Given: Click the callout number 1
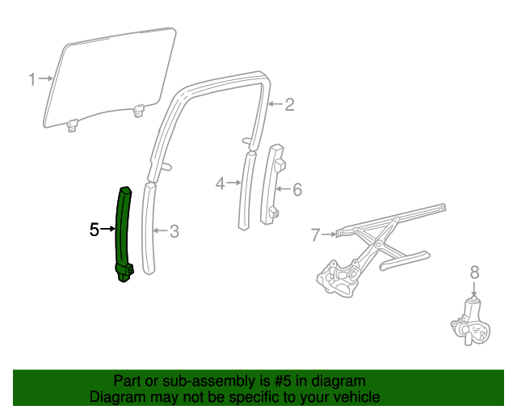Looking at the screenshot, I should tap(32, 79).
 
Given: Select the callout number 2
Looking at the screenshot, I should tap(289, 104).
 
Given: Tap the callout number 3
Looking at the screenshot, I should tap(174, 231).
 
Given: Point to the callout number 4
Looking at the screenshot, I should tap(220, 184).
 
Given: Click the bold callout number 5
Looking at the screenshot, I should tap(94, 230).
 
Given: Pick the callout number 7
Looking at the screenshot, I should tap(316, 235).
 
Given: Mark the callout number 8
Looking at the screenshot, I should tap(474, 272).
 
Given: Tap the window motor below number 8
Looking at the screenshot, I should tap(470, 323).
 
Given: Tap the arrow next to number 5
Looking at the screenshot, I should tap(107, 230).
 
